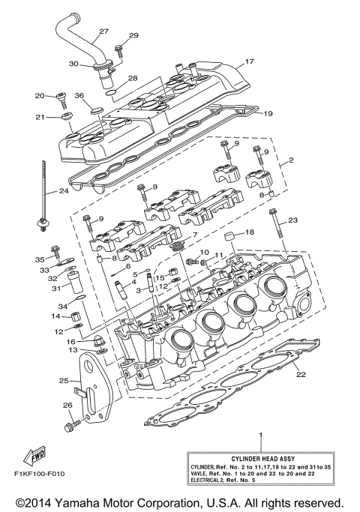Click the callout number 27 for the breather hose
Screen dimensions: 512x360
pyautogui.click(x=103, y=31)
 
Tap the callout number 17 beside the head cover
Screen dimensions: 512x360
pyautogui.click(x=250, y=62)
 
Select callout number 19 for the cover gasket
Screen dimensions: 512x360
pyautogui.click(x=268, y=114)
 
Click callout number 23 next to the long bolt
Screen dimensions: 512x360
pyautogui.click(x=292, y=220)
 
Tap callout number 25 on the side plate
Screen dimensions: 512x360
pyautogui.click(x=64, y=381)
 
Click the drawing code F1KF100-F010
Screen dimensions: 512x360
pyautogui.click(x=39, y=475)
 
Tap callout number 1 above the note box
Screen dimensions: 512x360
pyautogui.click(x=260, y=435)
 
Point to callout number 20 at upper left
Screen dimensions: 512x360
pyautogui.click(x=40, y=95)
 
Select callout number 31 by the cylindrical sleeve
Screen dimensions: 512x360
pyautogui.click(x=34, y=288)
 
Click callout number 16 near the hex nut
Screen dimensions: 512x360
pyautogui.click(x=70, y=341)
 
